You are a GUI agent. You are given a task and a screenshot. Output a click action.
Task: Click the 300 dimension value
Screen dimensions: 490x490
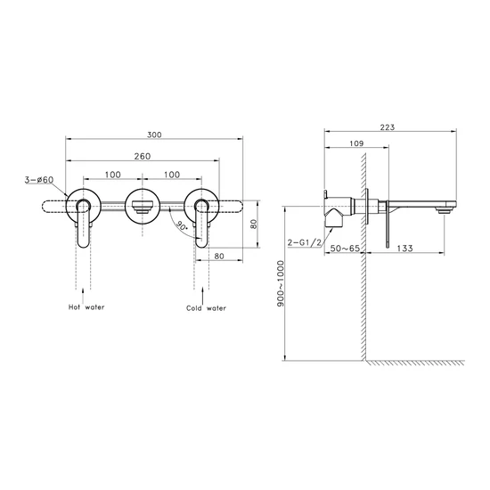coord(154,135)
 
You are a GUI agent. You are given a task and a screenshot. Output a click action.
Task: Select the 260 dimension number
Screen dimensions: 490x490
coord(143,156)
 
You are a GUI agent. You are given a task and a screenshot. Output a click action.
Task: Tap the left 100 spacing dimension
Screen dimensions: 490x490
coord(113,175)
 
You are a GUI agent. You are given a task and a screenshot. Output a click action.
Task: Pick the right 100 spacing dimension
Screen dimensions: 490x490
coord(172,175)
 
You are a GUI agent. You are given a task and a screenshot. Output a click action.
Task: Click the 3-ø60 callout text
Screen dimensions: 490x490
coord(39,180)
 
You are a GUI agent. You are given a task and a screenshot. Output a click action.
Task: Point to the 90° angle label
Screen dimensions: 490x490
coord(182,225)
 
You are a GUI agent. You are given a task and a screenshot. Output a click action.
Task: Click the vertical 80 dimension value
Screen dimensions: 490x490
coord(254,224)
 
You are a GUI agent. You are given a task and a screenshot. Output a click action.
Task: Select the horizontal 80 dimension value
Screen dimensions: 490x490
coord(219,256)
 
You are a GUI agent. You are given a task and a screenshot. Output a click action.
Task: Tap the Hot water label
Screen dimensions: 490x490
coord(86,307)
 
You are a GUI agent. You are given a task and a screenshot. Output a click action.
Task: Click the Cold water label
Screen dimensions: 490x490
coord(206,308)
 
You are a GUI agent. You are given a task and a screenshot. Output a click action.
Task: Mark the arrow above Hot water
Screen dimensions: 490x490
coord(83,295)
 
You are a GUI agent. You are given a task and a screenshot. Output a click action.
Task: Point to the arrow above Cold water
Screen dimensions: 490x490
coord(202,296)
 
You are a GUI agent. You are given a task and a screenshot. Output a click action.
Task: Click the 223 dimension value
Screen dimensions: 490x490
coord(388,127)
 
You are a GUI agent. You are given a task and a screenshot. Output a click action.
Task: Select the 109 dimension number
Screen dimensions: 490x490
coord(356,143)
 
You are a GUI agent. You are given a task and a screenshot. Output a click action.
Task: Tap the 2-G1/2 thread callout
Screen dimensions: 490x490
coord(305,242)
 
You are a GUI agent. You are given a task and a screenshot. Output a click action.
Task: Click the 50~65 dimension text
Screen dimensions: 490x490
coord(345,249)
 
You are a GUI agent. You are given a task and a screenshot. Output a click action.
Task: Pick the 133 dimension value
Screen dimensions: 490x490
coord(405,249)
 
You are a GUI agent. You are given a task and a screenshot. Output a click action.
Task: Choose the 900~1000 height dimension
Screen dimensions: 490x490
coord(281,283)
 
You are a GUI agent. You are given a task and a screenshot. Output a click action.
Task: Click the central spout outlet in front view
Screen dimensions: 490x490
coord(143,207)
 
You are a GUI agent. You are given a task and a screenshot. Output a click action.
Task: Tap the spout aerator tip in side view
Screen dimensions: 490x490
coord(443,211)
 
